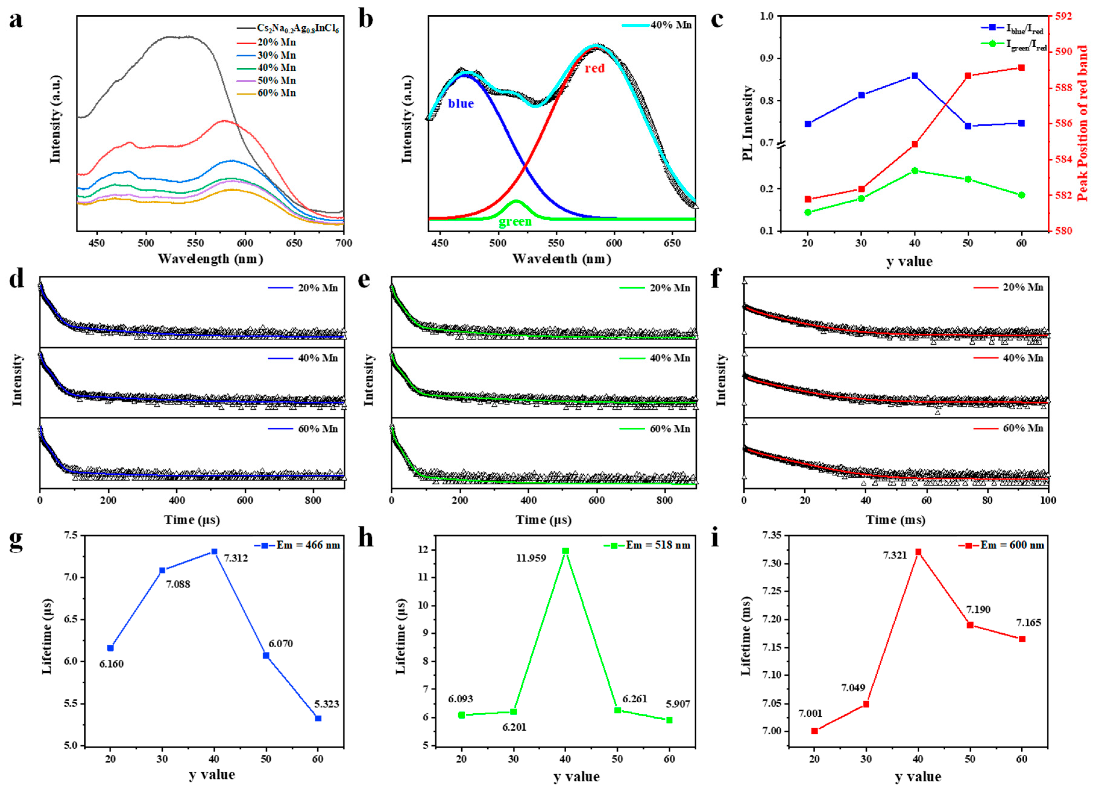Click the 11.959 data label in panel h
coord(530,558)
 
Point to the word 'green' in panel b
coord(515,222)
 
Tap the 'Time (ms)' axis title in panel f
coord(895,520)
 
